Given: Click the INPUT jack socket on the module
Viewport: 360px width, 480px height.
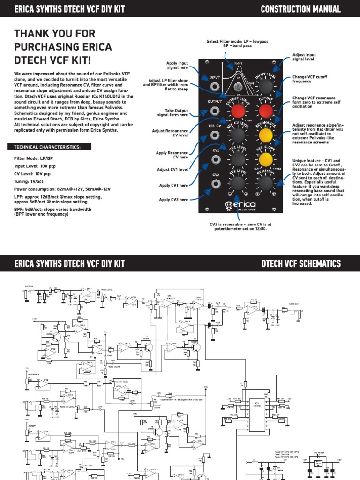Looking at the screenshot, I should click(x=215, y=87).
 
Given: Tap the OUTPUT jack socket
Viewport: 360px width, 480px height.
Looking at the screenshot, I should click(x=215, y=111).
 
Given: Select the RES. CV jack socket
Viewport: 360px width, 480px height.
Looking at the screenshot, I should click(x=215, y=135).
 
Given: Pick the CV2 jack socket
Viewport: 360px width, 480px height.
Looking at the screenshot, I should click(x=215, y=185).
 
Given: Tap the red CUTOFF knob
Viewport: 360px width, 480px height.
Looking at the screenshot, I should click(x=267, y=111).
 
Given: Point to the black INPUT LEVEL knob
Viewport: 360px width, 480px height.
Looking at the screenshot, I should click(x=267, y=87).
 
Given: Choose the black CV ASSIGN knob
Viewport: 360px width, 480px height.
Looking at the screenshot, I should click(x=267, y=185).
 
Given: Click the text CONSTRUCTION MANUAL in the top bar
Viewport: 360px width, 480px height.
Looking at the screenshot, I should click(x=306, y=9).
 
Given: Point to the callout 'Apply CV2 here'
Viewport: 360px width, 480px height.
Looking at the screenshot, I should click(x=173, y=200).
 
